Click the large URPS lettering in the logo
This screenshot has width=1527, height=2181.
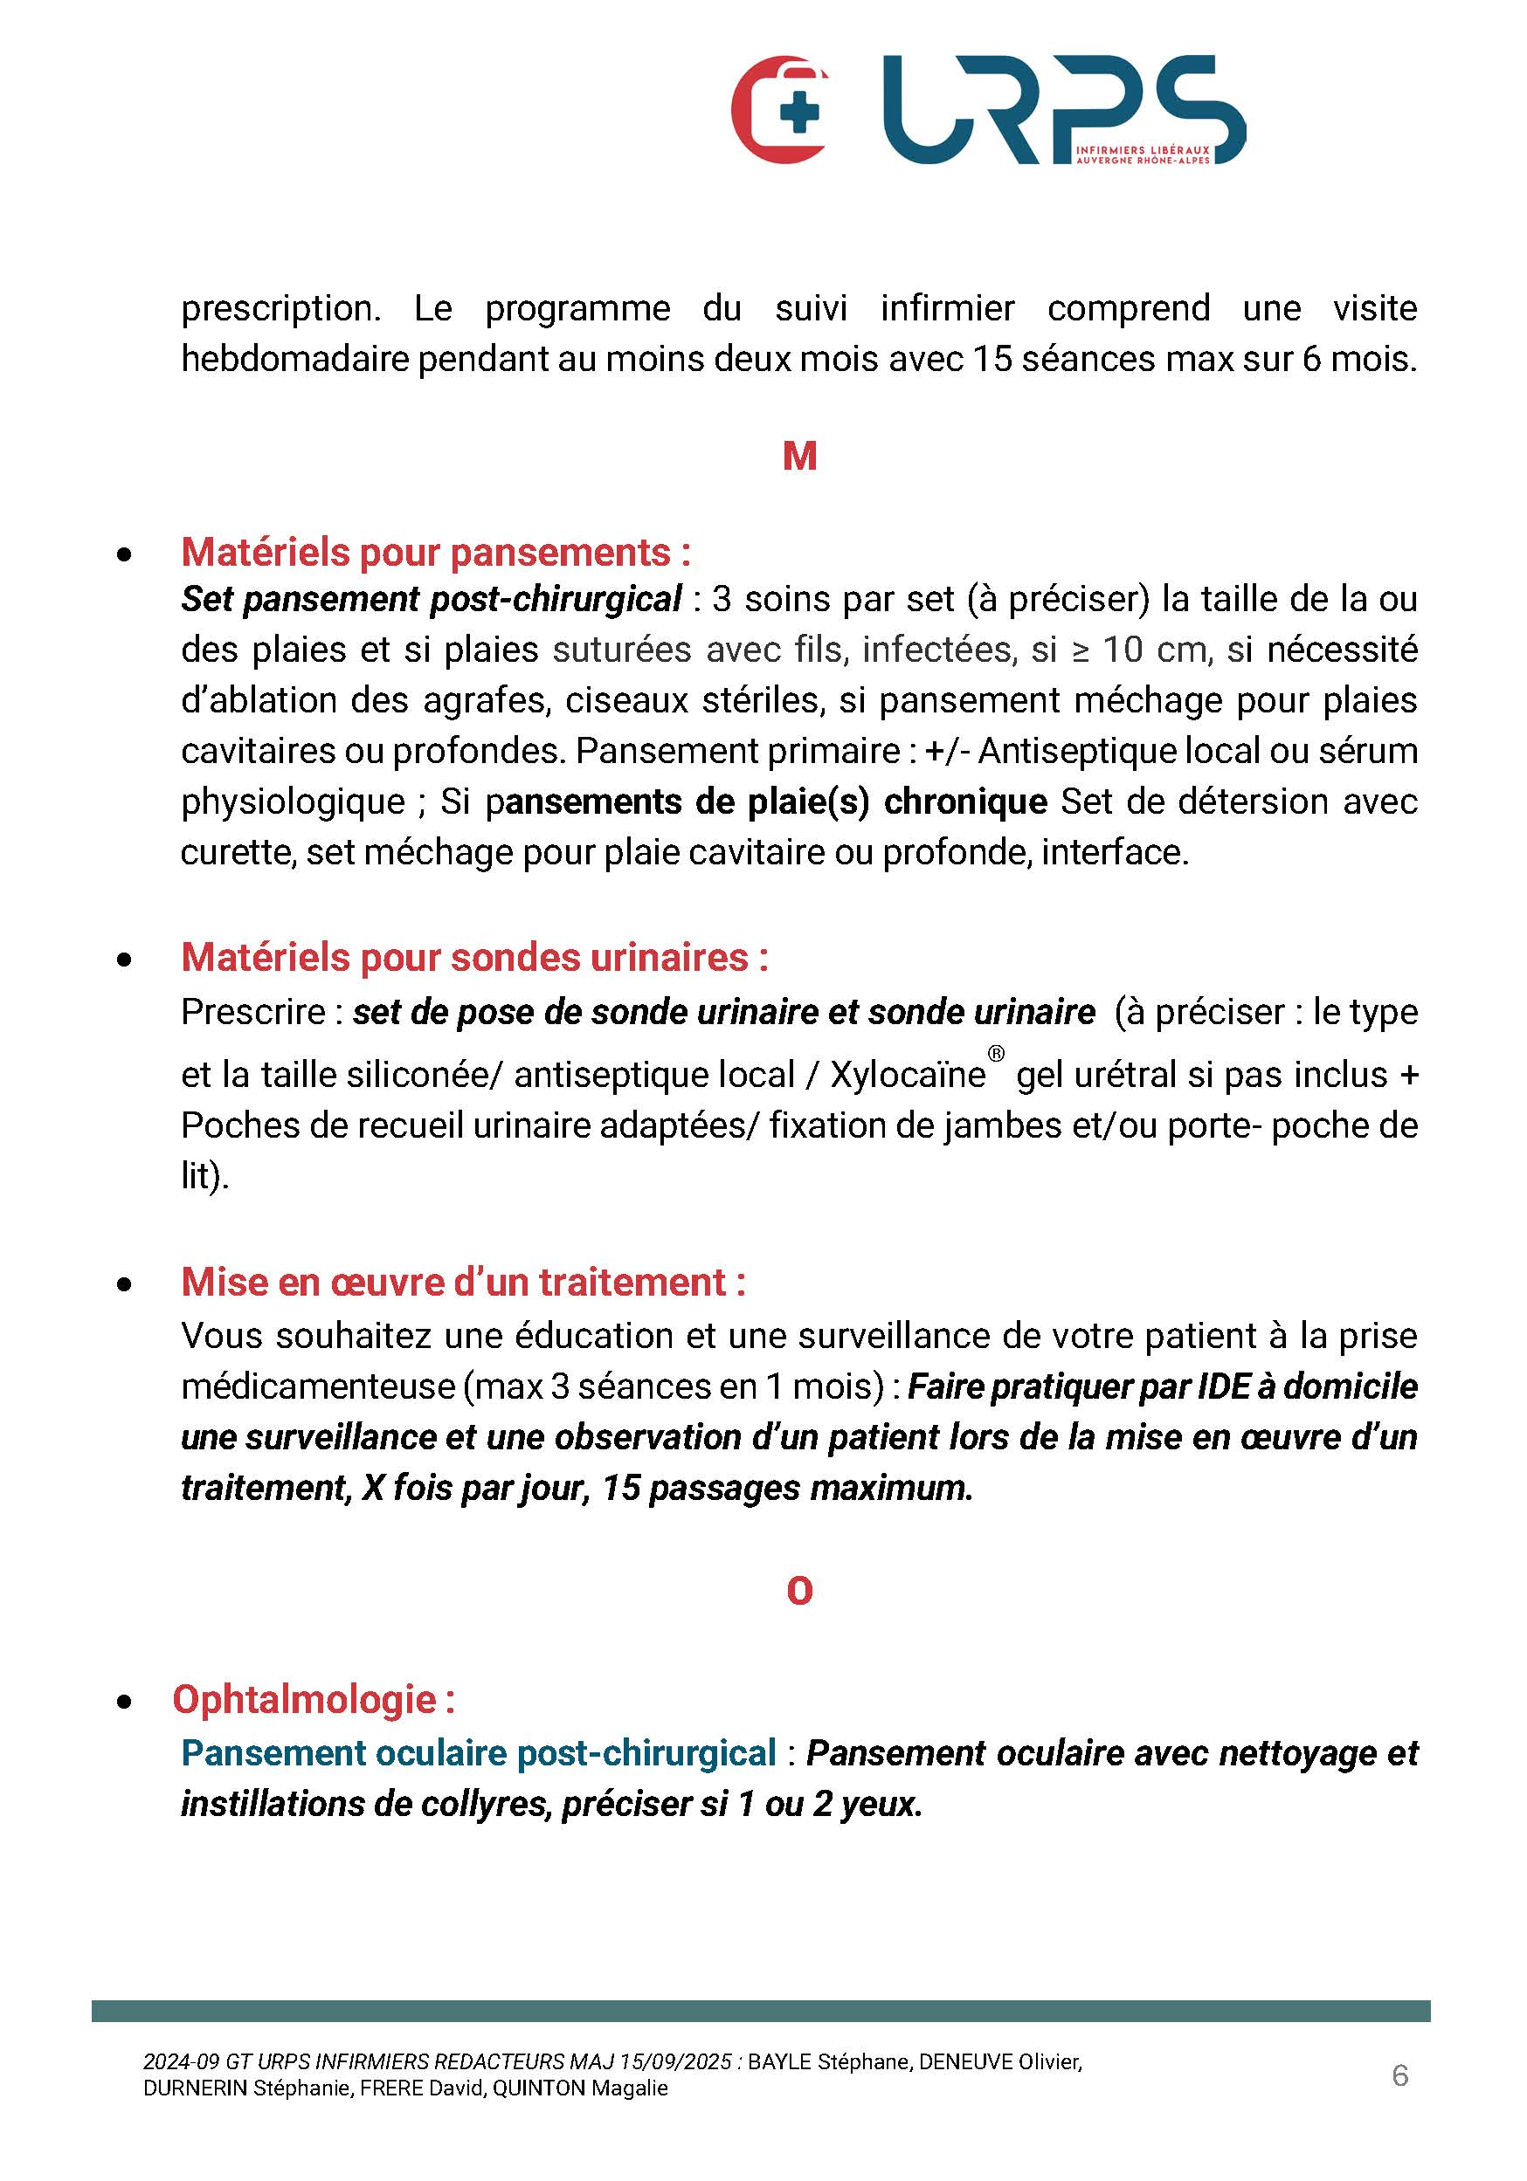[x=1062, y=109]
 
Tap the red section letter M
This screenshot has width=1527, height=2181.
[x=799, y=457]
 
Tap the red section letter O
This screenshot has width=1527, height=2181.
[x=799, y=1591]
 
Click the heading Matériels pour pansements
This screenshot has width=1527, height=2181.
[x=435, y=552]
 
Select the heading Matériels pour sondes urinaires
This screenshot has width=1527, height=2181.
[x=474, y=958]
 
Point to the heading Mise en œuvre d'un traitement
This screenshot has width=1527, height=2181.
[x=463, y=1283]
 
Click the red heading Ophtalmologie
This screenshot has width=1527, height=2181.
[x=314, y=1699]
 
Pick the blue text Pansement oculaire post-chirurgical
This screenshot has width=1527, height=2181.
[x=479, y=1753]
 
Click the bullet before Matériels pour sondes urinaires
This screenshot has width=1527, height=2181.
[x=124, y=960]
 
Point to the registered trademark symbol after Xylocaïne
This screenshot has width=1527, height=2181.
[x=996, y=1054]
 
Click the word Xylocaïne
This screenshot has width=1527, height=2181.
[x=908, y=1076]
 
